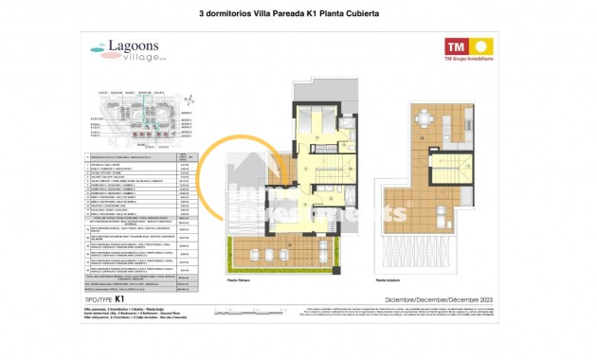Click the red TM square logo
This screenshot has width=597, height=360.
tap(457, 45)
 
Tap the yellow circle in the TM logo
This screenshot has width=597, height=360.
tap(480, 45)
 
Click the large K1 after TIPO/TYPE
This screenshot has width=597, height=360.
tap(119, 297)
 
